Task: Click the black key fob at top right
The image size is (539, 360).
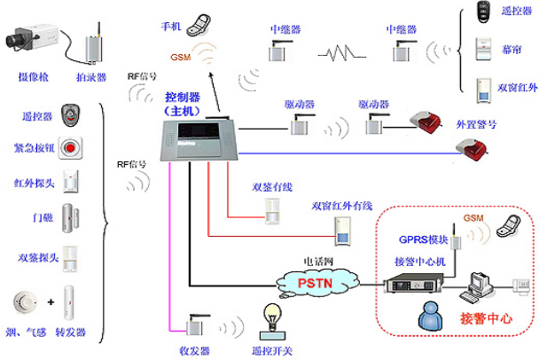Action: tap(484, 12)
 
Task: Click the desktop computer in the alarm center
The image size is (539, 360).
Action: tap(483, 284)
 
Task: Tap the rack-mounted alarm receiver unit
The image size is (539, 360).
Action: tap(413, 286)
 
